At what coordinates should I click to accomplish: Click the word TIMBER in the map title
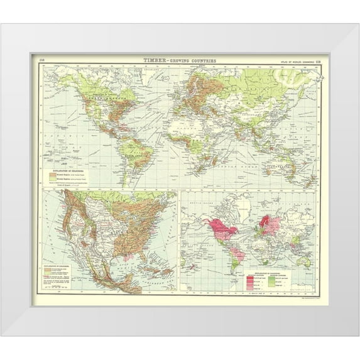(154, 60)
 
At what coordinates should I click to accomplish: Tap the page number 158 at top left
(43, 60)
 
